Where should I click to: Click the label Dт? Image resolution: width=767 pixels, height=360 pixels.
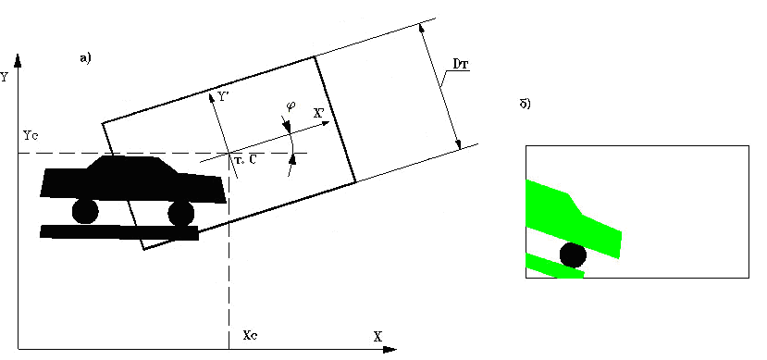coord(459,64)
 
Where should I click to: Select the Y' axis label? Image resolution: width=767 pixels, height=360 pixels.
coord(223,97)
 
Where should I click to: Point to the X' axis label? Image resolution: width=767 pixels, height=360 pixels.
coord(319,112)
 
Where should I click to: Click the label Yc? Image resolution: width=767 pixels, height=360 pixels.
coord(29,135)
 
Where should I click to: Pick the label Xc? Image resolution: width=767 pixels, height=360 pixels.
coord(251,336)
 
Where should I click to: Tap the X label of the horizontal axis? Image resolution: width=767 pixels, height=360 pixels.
coord(377,337)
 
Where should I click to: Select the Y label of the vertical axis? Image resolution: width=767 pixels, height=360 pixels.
coord(4,78)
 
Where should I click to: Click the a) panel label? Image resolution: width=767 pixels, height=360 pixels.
coord(85,58)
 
